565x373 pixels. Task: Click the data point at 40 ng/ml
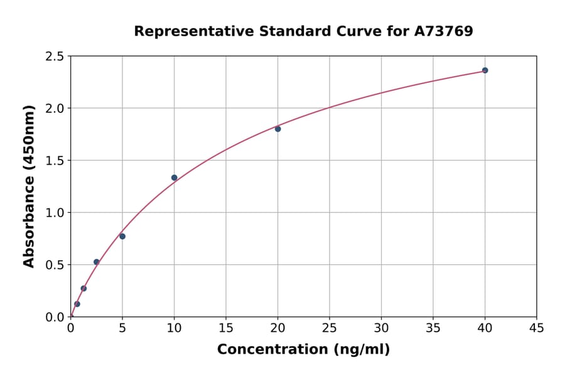pos(485,70)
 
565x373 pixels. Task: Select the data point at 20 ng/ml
pos(277,129)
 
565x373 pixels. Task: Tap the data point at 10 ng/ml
pos(175,178)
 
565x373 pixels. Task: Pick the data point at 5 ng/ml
pos(122,236)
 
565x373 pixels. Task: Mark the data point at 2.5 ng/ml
pos(97,262)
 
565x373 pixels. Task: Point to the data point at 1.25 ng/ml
pos(83,288)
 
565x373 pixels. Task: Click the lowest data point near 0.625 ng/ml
pos(77,304)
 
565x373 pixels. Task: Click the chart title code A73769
pos(443,31)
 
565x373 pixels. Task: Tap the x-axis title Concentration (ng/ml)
pos(303,349)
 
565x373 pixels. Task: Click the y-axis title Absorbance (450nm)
pos(29,186)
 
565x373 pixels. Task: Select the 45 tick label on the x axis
pos(536,328)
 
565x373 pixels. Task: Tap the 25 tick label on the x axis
pos(330,328)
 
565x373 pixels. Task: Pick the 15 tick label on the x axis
pos(226,328)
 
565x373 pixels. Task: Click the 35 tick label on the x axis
pos(433,328)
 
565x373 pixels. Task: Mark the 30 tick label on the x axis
pos(381,328)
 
